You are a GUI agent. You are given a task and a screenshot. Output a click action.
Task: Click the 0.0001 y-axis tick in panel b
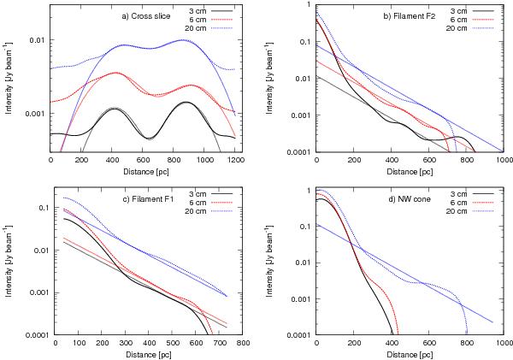tap(299, 152)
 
